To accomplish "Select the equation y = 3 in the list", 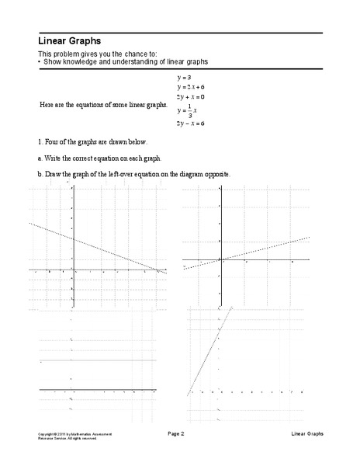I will tap(184, 78).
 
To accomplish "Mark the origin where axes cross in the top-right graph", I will tap(221, 259).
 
